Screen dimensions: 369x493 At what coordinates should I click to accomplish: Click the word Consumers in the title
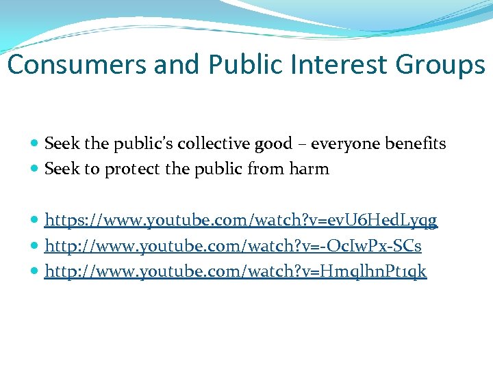pyautogui.click(x=78, y=65)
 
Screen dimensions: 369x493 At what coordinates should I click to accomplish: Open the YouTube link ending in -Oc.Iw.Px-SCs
pyautogui.click(x=233, y=245)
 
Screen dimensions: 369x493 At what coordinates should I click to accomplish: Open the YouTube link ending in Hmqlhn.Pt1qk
pyautogui.click(x=236, y=271)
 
